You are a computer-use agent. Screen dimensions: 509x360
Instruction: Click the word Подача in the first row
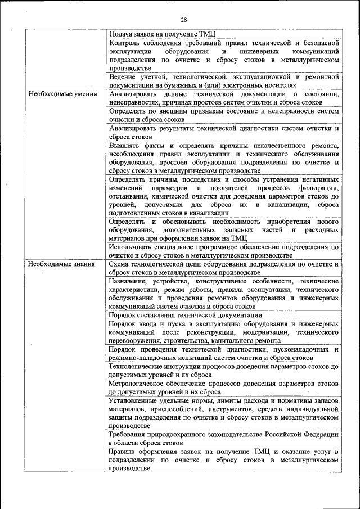pyautogui.click(x=121, y=34)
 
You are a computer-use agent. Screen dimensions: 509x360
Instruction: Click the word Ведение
pyautogui.click(x=124, y=76)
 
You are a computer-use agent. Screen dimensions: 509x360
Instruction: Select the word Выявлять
pyautogui.click(x=126, y=146)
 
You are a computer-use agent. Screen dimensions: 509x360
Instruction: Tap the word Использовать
pyautogui.click(x=133, y=246)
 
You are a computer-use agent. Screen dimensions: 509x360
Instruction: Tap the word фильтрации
pyautogui.click(x=319, y=188)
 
